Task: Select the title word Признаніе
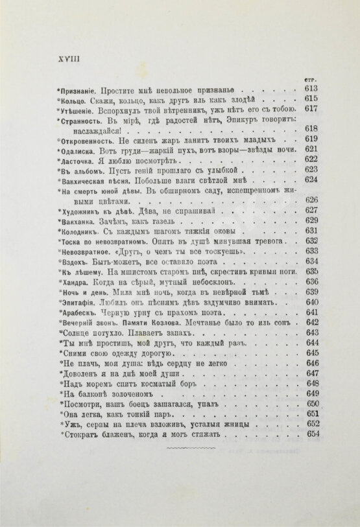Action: point(79,89)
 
